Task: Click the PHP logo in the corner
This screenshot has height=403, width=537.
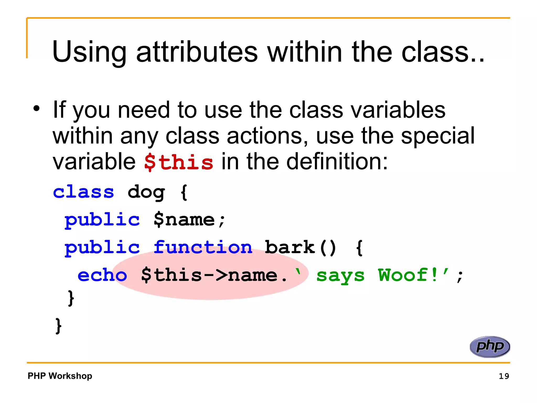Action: (x=490, y=347)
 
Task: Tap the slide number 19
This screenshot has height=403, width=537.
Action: (x=504, y=376)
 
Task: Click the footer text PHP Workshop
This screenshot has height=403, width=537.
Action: (x=60, y=376)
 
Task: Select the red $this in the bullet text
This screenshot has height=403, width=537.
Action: (x=179, y=162)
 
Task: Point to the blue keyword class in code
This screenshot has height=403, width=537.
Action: (x=83, y=192)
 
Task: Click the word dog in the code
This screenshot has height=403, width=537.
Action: (x=146, y=193)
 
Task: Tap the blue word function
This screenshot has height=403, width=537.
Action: (x=203, y=247)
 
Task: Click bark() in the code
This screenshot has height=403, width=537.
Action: (x=300, y=247)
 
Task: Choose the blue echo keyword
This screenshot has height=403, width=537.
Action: (x=102, y=275)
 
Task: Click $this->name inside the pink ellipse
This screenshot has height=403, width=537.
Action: (x=209, y=275)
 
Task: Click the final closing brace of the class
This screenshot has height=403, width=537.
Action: (x=58, y=326)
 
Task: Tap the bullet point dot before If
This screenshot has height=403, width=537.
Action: (x=36, y=108)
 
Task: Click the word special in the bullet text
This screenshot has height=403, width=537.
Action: (x=438, y=136)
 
